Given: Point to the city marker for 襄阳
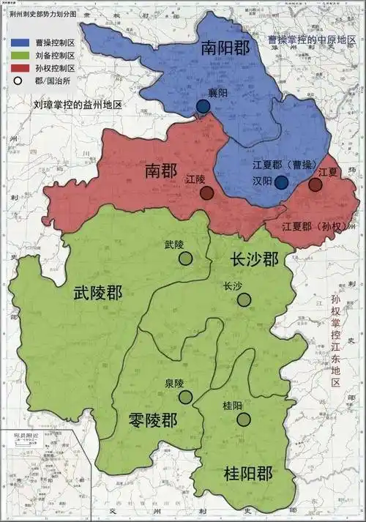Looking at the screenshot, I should click(x=203, y=107).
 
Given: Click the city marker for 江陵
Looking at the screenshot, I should click(x=207, y=193).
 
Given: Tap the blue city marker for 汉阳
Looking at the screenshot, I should click(x=281, y=182).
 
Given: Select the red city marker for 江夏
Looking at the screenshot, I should click(x=315, y=184).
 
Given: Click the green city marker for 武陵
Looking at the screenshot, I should click(x=186, y=258).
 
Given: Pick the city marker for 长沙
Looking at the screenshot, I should click(x=244, y=299).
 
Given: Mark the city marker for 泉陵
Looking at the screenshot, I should click(x=186, y=397).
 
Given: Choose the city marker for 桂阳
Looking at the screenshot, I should click(x=244, y=419).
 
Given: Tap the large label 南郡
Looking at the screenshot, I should click(x=162, y=171).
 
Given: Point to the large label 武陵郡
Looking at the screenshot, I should click(x=98, y=294).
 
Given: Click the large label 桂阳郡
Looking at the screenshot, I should click(x=247, y=474).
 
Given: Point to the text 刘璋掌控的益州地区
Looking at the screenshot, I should click(x=78, y=105).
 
